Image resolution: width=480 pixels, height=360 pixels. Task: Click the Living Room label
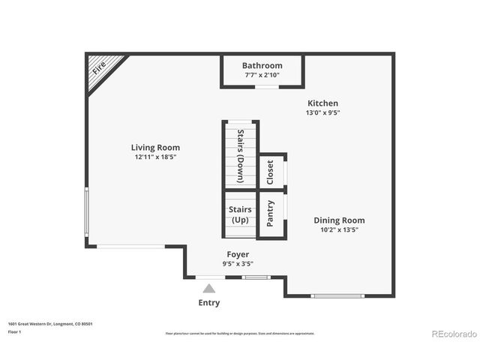(155, 148)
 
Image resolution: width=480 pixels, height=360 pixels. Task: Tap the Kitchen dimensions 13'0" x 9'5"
(322, 113)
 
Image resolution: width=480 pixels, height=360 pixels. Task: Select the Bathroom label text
(262, 66)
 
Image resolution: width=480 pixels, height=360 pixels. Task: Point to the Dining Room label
(339, 220)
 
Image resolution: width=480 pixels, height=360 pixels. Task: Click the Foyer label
(238, 255)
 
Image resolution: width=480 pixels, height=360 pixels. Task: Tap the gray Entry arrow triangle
(209, 288)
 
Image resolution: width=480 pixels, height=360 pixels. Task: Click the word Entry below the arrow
(209, 303)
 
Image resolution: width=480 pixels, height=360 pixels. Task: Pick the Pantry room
(271, 213)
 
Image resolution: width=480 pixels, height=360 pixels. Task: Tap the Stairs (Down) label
(240, 157)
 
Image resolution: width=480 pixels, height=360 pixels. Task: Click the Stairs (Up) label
(240, 214)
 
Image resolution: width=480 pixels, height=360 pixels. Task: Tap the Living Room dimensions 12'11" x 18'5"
(155, 157)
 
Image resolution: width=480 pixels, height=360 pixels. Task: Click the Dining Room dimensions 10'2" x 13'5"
(339, 229)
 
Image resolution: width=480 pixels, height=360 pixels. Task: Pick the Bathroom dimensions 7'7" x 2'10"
(262, 75)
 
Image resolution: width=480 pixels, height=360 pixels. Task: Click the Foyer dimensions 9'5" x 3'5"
(238, 264)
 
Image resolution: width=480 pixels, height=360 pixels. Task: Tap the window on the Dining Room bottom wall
(337, 295)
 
